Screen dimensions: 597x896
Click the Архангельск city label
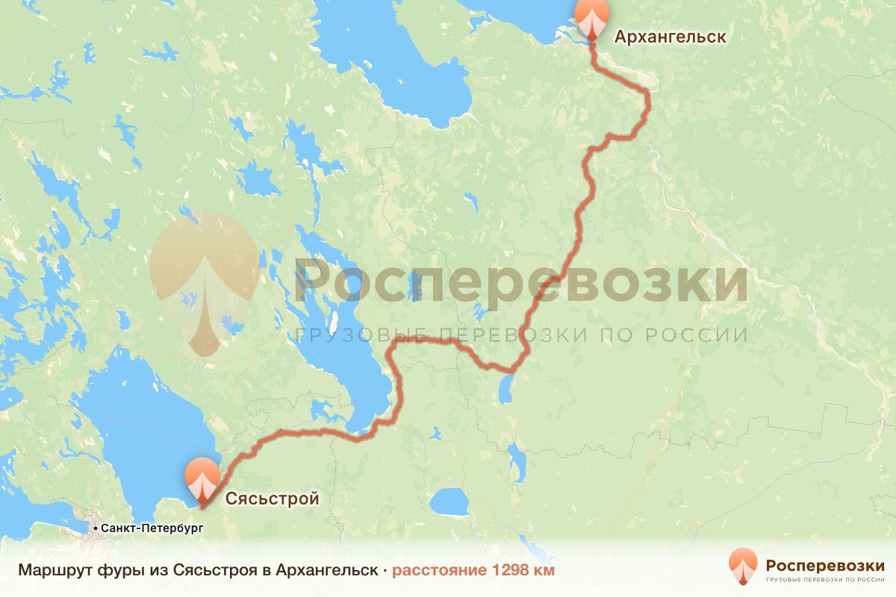[x=669, y=37]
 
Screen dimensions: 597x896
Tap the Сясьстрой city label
[x=272, y=498]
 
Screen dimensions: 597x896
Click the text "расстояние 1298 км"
[x=473, y=570]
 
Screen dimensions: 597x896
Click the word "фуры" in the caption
[x=109, y=570]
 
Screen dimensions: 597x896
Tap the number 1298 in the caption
[x=506, y=570]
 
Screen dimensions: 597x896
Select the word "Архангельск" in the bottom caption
[x=326, y=570]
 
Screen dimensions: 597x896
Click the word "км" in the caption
[x=544, y=570]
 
